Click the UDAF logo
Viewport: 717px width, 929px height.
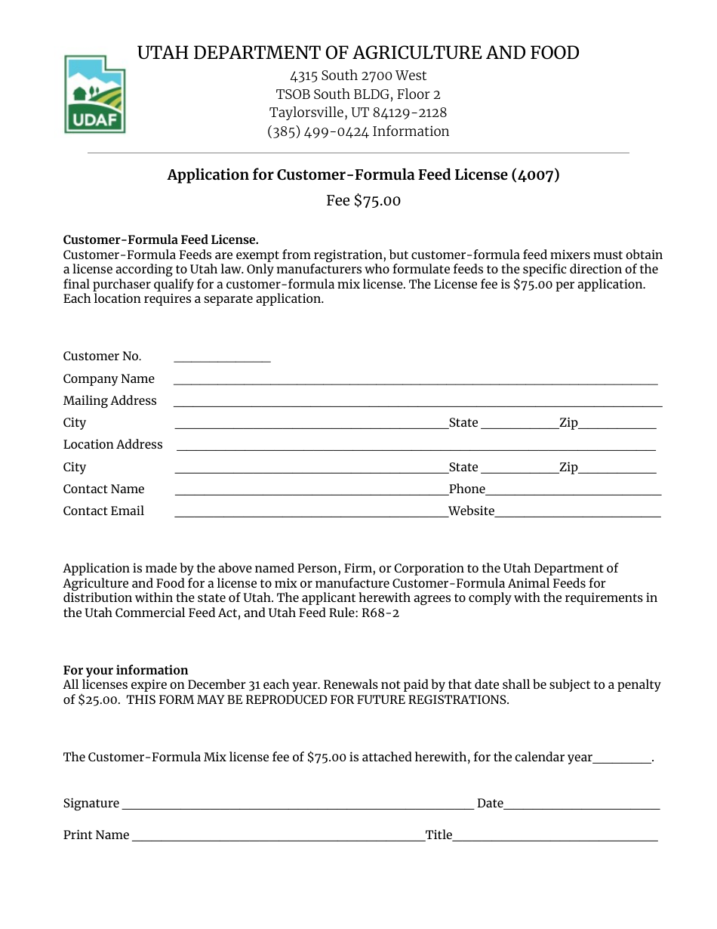[95, 94]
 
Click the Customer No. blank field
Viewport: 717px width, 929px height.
[222, 357]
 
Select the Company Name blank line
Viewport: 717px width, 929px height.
[415, 380]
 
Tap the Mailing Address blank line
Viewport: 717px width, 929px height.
[417, 402]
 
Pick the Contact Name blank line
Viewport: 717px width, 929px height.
[311, 490]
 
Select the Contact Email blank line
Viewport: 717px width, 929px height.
[311, 512]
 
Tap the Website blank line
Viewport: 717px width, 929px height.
[578, 512]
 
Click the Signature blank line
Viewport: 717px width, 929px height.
[297, 804]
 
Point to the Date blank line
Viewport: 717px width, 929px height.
[582, 804]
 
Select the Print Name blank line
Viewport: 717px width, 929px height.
[278, 836]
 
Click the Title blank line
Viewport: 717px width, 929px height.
[555, 836]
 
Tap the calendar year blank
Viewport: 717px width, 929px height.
[622, 758]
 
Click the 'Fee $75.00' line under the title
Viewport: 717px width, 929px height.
[363, 201]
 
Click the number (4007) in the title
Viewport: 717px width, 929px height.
[535, 175]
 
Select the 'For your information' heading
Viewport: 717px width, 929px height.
[125, 671]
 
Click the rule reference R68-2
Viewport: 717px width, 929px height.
[380, 613]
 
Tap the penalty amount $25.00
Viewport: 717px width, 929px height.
[99, 700]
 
